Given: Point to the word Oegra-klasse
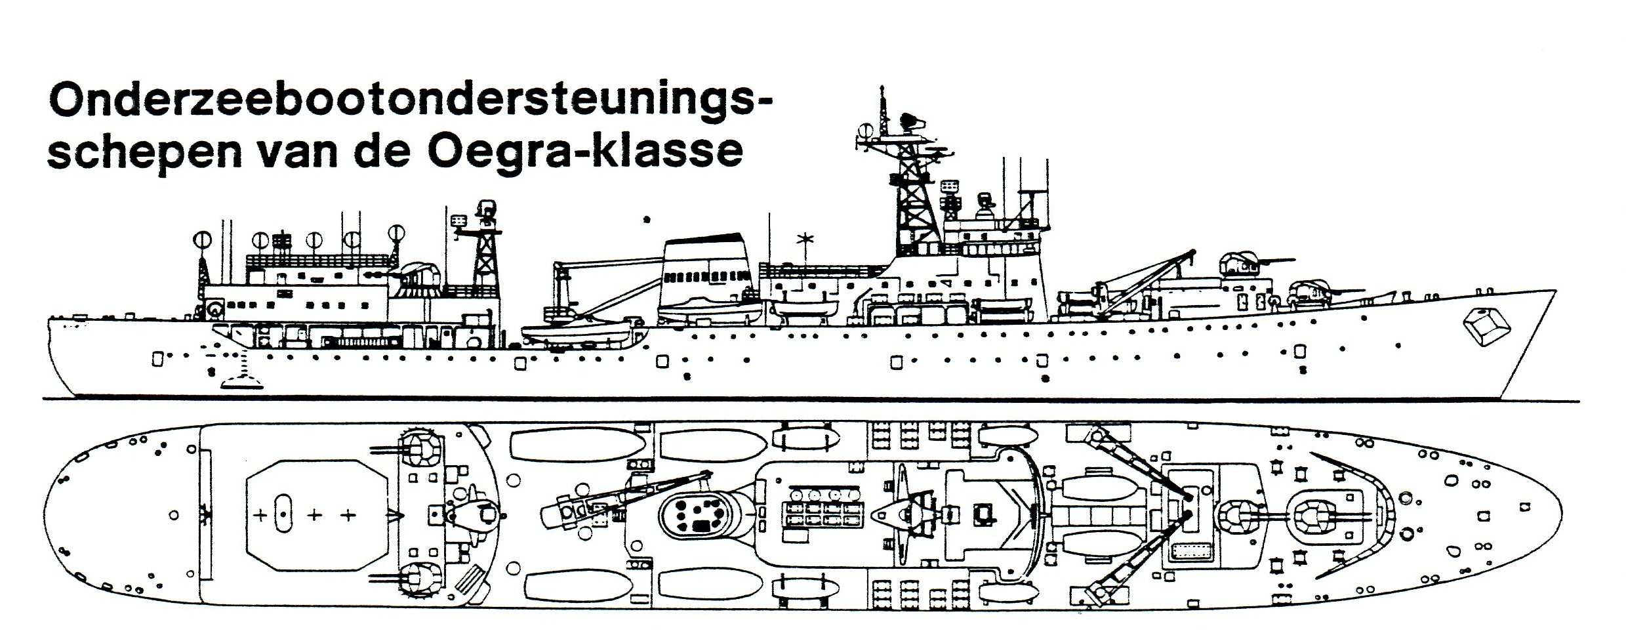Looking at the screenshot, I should [x=586, y=152].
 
